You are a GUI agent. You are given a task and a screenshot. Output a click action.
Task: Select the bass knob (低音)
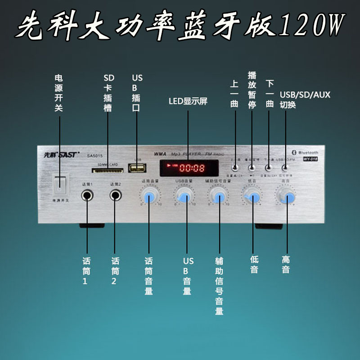click(x=252, y=196)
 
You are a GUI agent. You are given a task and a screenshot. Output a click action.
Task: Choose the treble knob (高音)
click(x=287, y=196)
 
